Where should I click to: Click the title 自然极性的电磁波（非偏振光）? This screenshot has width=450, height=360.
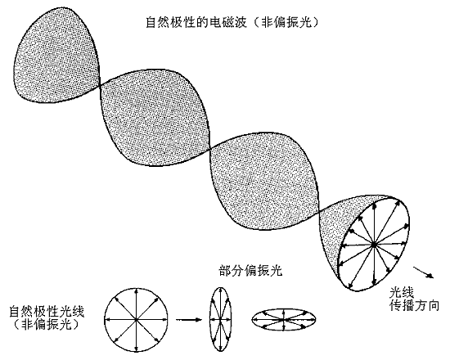232,22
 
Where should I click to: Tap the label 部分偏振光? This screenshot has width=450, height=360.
250,271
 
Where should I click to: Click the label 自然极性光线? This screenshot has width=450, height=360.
47,312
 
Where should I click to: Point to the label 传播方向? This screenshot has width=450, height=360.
414,306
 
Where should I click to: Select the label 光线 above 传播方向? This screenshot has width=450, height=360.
402,293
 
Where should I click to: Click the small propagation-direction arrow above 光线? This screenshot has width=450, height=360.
423,272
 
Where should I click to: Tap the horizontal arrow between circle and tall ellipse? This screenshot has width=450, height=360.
189,319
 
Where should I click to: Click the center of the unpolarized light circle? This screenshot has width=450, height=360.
136,319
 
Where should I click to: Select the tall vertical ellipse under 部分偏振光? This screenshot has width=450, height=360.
220,319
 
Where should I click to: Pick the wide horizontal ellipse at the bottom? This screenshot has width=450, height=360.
284,319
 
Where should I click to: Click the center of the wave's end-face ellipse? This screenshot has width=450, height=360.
374,245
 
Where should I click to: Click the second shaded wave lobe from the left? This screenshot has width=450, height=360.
155,118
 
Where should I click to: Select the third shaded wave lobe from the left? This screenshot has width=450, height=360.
265,181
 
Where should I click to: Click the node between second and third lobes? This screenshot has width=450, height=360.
210,149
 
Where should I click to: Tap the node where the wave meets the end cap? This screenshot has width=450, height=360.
319,213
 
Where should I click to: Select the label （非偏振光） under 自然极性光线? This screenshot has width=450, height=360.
46,325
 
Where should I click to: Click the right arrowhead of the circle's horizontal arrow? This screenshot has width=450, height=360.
165,319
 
